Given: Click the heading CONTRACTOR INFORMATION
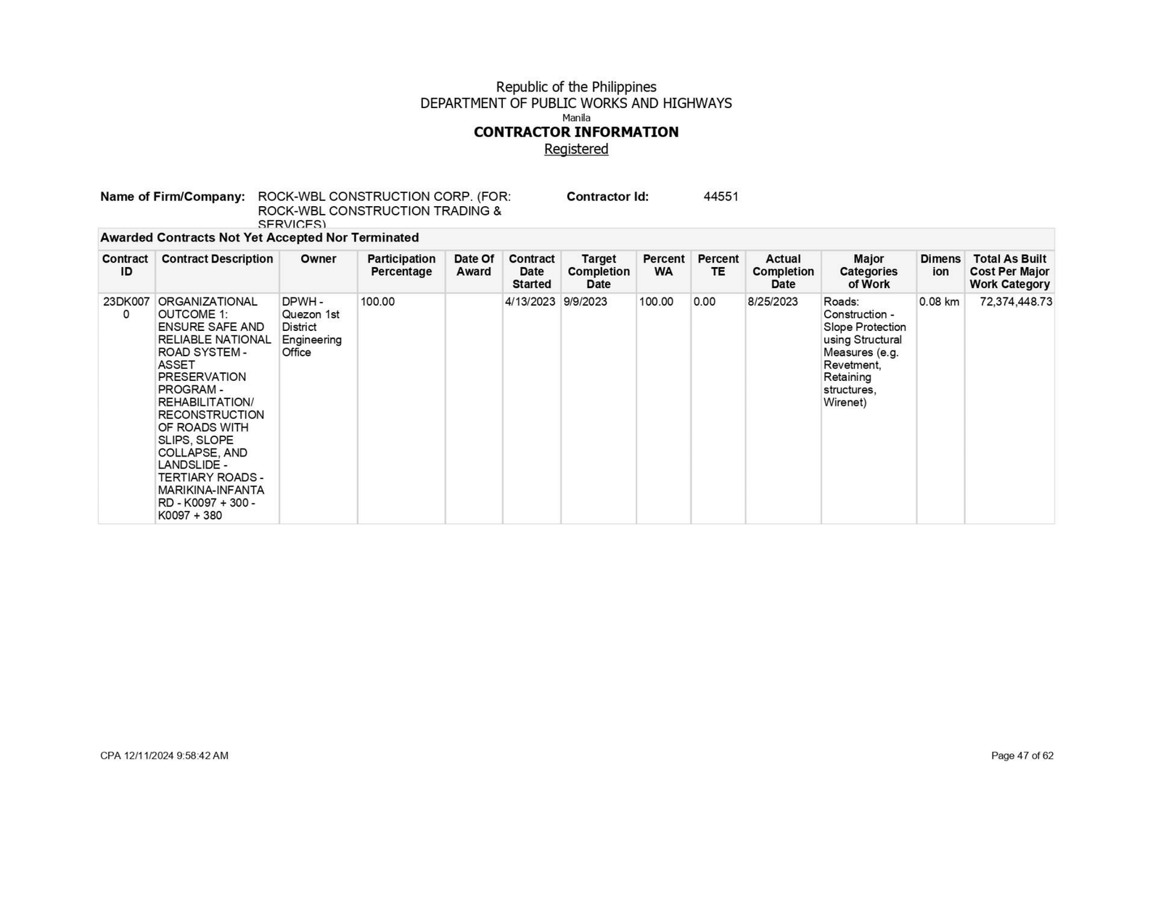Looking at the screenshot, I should [x=576, y=132].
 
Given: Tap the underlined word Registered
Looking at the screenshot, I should [x=576, y=149].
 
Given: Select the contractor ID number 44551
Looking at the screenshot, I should [x=721, y=197].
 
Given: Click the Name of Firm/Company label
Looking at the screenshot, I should [x=173, y=197].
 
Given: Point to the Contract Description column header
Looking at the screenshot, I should [x=217, y=259].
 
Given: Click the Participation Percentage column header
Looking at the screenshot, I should [x=401, y=265].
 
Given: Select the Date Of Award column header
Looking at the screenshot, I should [x=474, y=265].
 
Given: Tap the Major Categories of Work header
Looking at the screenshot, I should [x=869, y=271].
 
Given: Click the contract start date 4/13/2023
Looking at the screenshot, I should [x=530, y=302].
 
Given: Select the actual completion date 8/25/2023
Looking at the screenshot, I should [x=772, y=302].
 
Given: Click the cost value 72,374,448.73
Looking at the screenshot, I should [x=1015, y=302].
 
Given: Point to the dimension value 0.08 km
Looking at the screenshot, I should [x=939, y=302].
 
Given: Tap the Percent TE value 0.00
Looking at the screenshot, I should [x=705, y=302].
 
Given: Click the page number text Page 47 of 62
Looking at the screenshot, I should [x=1022, y=755].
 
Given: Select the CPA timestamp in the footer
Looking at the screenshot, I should [x=164, y=755].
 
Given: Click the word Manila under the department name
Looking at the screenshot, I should [x=576, y=118].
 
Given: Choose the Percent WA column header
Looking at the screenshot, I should [x=663, y=265].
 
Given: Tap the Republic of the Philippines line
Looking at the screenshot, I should [x=576, y=87].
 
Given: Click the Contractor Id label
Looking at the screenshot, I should [x=607, y=197].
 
